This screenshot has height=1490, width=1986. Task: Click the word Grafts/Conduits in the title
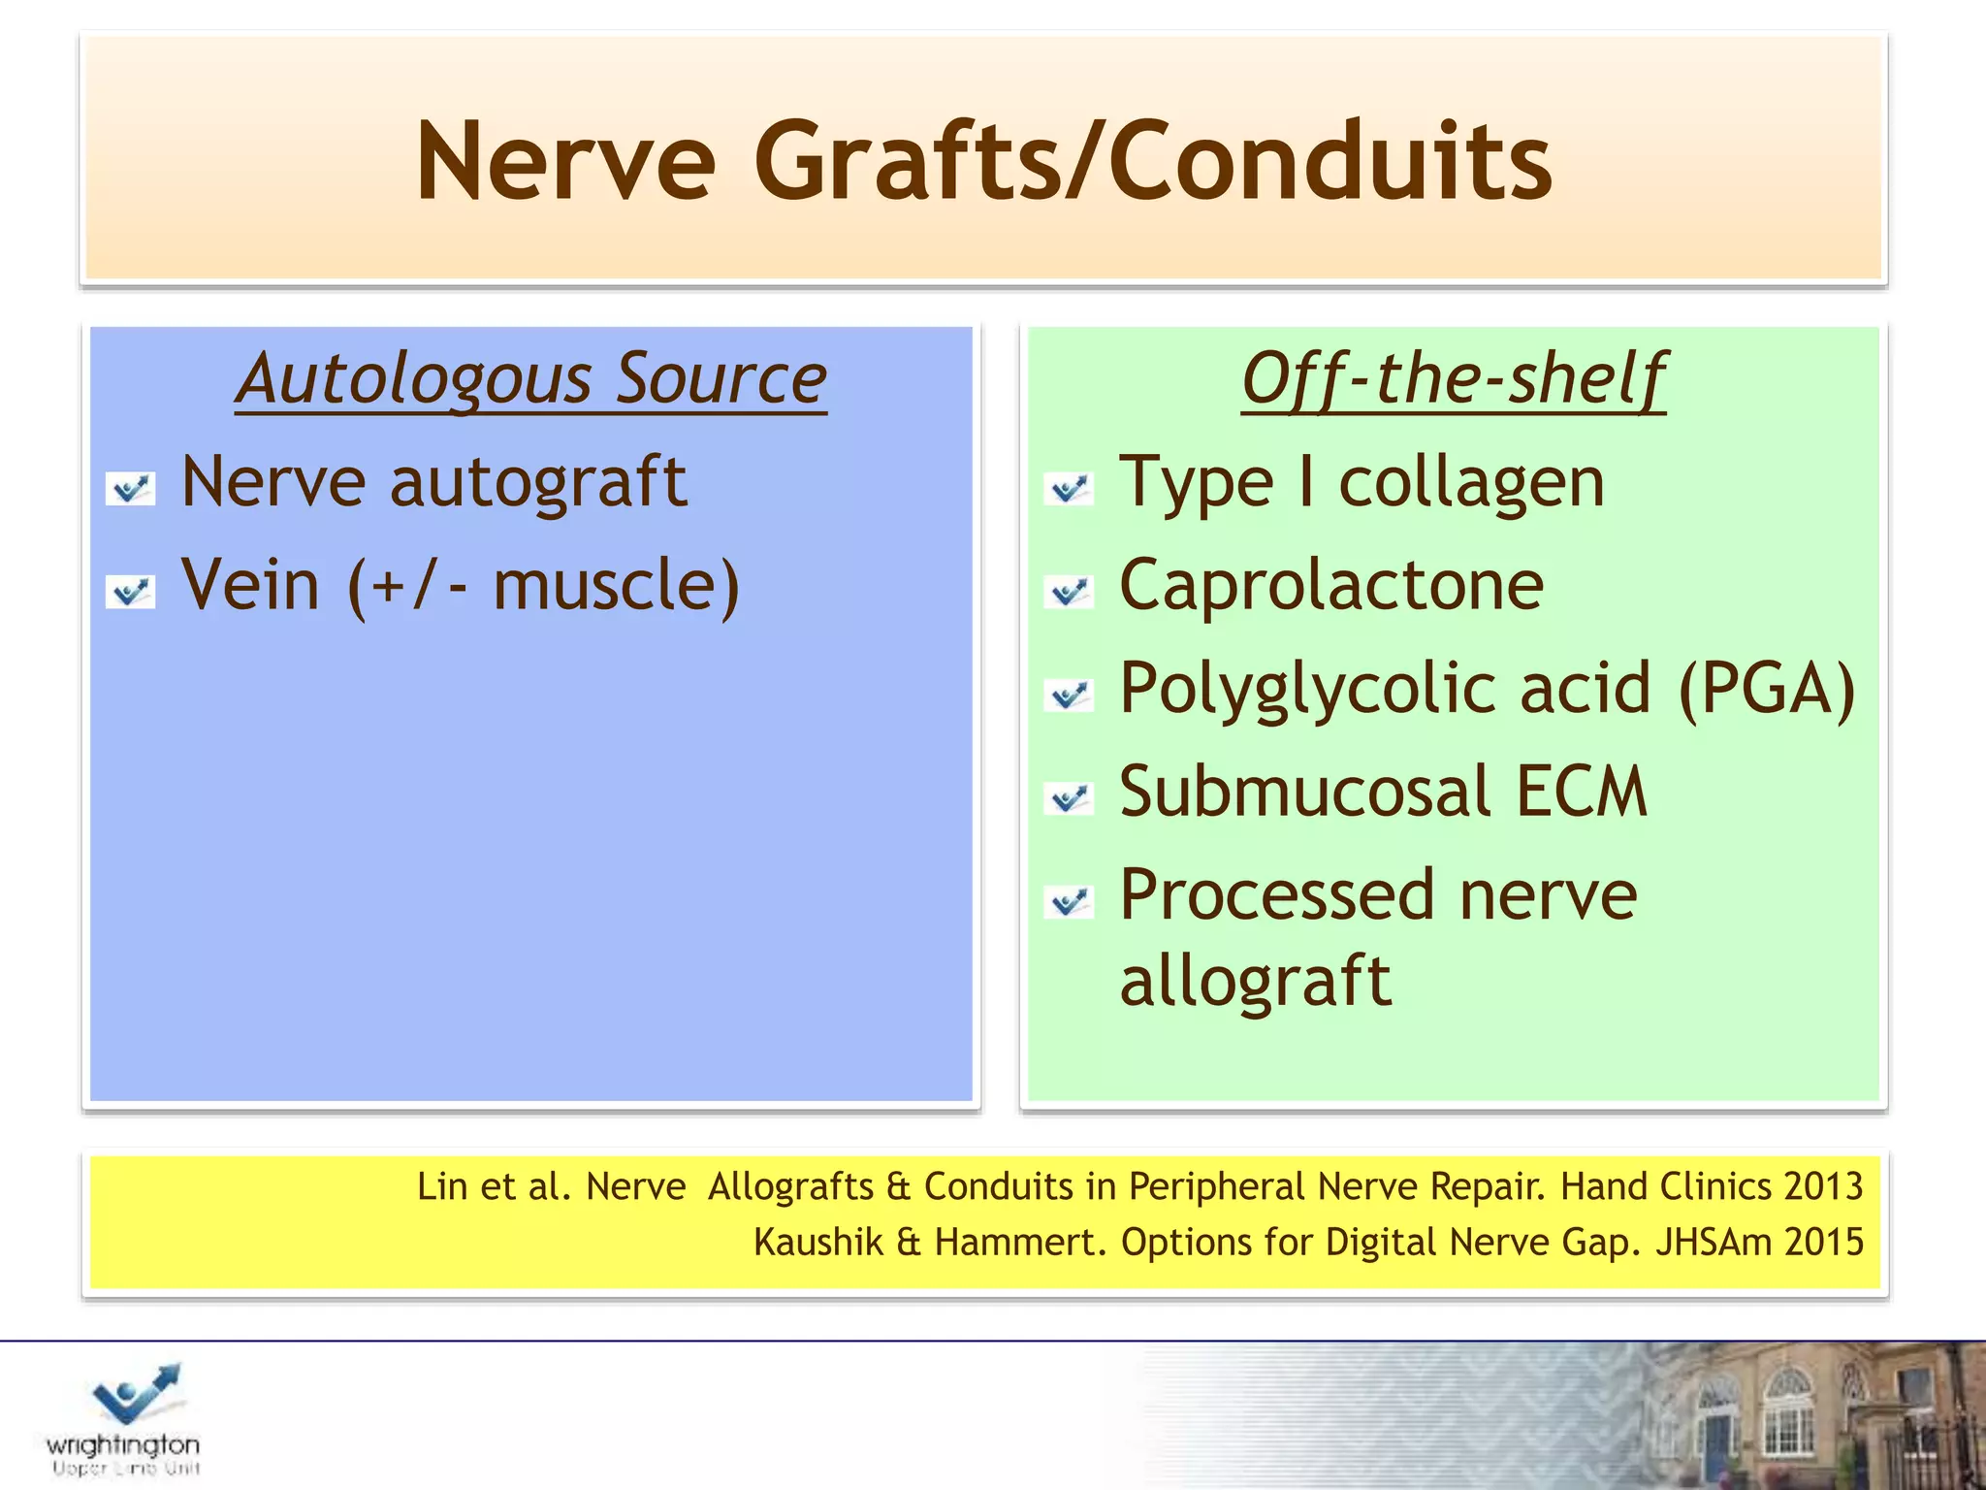pyautogui.click(x=1152, y=161)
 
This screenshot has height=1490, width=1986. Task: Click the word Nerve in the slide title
pyautogui.click(x=565, y=161)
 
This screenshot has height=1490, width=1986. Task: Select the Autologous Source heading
pyautogui.click(x=530, y=378)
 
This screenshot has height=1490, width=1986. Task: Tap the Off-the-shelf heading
pyautogui.click(x=1453, y=378)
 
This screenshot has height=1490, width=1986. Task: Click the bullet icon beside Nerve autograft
pyautogui.click(x=130, y=488)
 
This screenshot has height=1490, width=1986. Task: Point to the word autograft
pyautogui.click(x=538, y=482)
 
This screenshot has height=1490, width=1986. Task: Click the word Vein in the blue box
pyautogui.click(x=250, y=585)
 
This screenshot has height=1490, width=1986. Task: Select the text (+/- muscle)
pyautogui.click(x=544, y=587)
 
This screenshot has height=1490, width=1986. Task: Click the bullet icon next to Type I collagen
pyautogui.click(x=1069, y=488)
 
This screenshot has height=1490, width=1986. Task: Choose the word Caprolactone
pyautogui.click(x=1330, y=585)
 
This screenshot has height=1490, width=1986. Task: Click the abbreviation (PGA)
pyautogui.click(x=1766, y=689)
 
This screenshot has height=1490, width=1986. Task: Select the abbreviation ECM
pyautogui.click(x=1581, y=792)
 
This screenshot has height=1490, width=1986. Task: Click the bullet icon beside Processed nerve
pyautogui.click(x=1069, y=901)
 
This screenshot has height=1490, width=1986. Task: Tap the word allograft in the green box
pyautogui.click(x=1255, y=981)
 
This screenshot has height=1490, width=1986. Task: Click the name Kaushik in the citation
pyautogui.click(x=817, y=1243)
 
